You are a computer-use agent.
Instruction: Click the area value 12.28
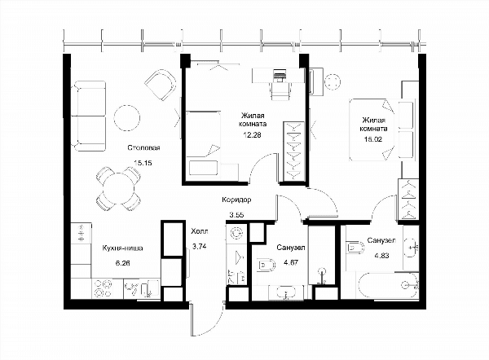click(x=253, y=135)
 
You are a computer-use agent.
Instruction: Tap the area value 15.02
click(x=373, y=139)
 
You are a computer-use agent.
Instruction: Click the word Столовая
click(x=143, y=147)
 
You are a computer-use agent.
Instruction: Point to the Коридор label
click(x=236, y=200)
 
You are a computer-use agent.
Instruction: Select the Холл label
click(x=200, y=231)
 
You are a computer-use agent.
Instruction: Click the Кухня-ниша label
click(x=122, y=248)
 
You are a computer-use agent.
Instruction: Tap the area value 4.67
click(x=291, y=262)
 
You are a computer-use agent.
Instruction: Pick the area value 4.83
click(x=381, y=256)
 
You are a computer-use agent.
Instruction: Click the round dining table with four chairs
click(x=118, y=188)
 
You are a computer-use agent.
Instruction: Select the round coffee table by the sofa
click(x=127, y=118)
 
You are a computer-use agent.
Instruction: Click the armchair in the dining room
click(x=160, y=85)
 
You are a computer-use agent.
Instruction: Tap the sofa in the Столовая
click(x=88, y=116)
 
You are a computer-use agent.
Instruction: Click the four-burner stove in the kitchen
click(x=103, y=288)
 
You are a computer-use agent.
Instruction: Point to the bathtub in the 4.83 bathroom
click(x=388, y=286)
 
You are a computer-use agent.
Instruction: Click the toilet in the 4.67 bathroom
click(x=266, y=265)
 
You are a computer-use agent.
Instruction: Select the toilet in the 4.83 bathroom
click(x=355, y=248)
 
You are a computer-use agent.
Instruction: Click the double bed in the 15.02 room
click(x=382, y=130)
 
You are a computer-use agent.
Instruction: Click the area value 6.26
click(x=122, y=263)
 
